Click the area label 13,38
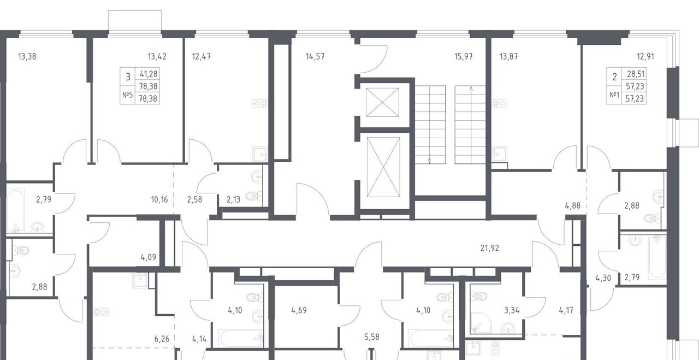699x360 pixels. [27, 56]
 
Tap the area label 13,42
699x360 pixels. [157, 56]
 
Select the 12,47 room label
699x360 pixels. [202, 56]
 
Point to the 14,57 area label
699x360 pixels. [315, 56]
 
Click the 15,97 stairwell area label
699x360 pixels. [464, 56]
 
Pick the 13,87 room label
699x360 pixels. [509, 56]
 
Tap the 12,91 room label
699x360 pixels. [645, 56]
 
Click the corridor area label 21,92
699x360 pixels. [490, 248]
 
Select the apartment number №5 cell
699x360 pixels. [128, 95]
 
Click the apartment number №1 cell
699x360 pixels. [614, 95]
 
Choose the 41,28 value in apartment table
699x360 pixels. [149, 74]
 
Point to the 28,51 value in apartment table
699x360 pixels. [635, 74]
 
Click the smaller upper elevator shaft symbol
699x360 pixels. [382, 102]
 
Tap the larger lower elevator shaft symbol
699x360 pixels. [383, 167]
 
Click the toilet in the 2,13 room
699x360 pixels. [254, 196]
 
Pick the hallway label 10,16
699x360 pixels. [159, 199]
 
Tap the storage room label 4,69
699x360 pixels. [299, 310]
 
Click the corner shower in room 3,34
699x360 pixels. [480, 323]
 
